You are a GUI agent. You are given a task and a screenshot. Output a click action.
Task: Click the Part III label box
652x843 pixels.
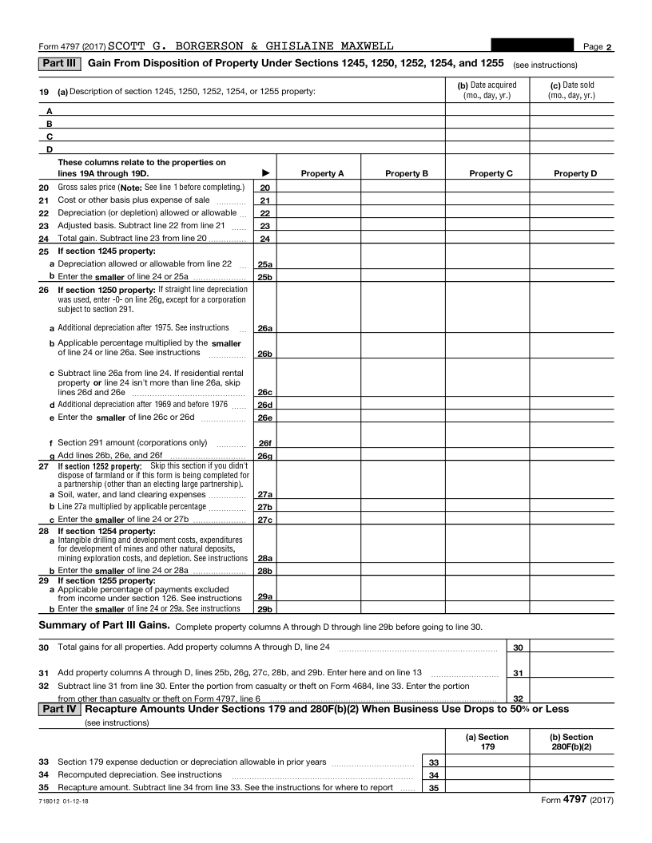[x=59, y=63]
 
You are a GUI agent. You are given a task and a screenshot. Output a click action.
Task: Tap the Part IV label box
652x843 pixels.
[x=59, y=709]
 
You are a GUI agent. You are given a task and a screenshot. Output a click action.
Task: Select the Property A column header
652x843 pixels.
[x=322, y=173]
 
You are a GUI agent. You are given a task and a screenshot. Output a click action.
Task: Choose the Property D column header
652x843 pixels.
[x=571, y=173]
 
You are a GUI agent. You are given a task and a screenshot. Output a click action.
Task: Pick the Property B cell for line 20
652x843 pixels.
[x=403, y=188]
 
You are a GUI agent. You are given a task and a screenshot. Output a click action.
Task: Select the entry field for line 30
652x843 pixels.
[x=571, y=647]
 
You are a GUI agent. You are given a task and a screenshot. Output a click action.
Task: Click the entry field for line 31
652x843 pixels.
[x=571, y=673]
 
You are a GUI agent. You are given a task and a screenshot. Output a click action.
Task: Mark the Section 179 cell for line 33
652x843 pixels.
[x=487, y=762]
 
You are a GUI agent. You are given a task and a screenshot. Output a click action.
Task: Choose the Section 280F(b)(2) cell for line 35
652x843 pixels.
[x=571, y=788]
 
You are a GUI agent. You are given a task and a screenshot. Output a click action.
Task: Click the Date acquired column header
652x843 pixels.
[x=487, y=90]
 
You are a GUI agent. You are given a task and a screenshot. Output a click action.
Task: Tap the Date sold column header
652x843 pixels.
[x=571, y=90]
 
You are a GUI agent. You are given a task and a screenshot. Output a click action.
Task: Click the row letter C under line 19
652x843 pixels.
[x=50, y=137]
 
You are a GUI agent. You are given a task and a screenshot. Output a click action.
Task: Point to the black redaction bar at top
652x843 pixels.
[x=532, y=46]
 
